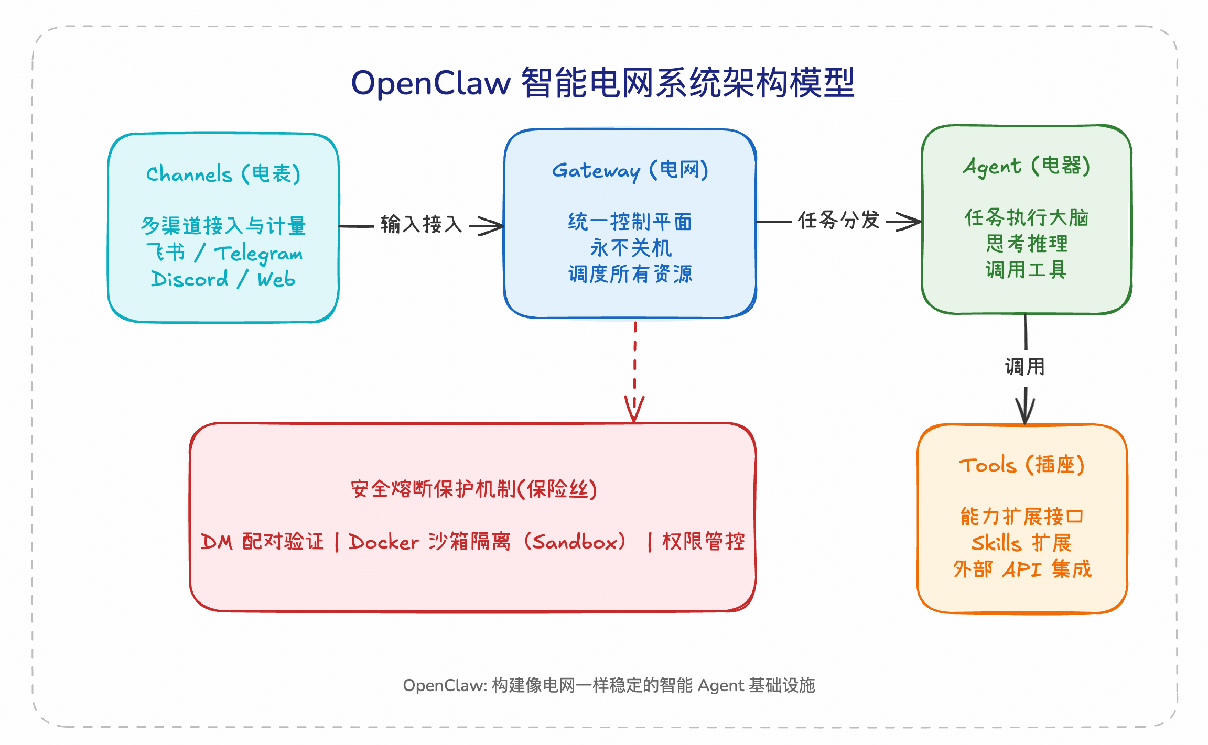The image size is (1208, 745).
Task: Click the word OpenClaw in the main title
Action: pyautogui.click(x=430, y=83)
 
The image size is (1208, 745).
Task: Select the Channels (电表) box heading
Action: pyautogui.click(x=223, y=174)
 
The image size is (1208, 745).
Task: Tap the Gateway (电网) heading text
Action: pyautogui.click(x=630, y=170)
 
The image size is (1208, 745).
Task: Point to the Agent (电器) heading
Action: pyautogui.click(x=1026, y=166)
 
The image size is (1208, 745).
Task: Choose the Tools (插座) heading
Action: pyautogui.click(x=1021, y=465)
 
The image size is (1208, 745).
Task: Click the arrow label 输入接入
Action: pyautogui.click(x=421, y=224)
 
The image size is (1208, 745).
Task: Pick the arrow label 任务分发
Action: pyautogui.click(x=838, y=220)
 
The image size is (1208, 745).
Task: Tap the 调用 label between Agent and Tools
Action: pyautogui.click(x=1024, y=367)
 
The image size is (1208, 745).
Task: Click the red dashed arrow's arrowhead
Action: pyautogui.click(x=634, y=411)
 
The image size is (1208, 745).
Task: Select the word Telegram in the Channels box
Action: pyautogui.click(x=258, y=254)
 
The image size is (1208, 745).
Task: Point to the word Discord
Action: pyautogui.click(x=189, y=279)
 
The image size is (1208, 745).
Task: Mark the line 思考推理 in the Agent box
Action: pyautogui.click(x=1026, y=244)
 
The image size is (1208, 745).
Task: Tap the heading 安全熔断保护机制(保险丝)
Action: pyautogui.click(x=473, y=489)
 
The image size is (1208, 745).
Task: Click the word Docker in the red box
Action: pyautogui.click(x=384, y=542)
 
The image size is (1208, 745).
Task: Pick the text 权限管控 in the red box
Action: pyautogui.click(x=703, y=542)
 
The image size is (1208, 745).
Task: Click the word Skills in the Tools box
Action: pyautogui.click(x=996, y=543)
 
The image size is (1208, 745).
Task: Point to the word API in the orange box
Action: pyautogui.click(x=1021, y=569)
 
